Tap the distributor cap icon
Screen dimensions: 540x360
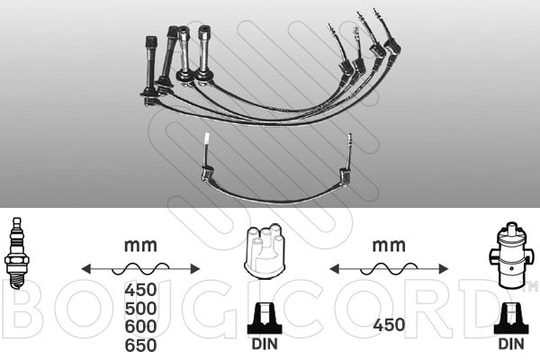pos(265,250)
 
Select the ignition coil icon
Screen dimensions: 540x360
pos(511,255)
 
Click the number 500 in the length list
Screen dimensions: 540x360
pos(141,309)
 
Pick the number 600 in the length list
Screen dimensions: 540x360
pos(141,327)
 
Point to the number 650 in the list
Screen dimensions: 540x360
pos(141,346)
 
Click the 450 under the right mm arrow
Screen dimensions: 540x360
pos(389,325)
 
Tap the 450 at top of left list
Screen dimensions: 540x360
pos(141,290)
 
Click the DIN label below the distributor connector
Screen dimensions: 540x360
pos(265,344)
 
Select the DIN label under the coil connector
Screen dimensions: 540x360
pos(511,344)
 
